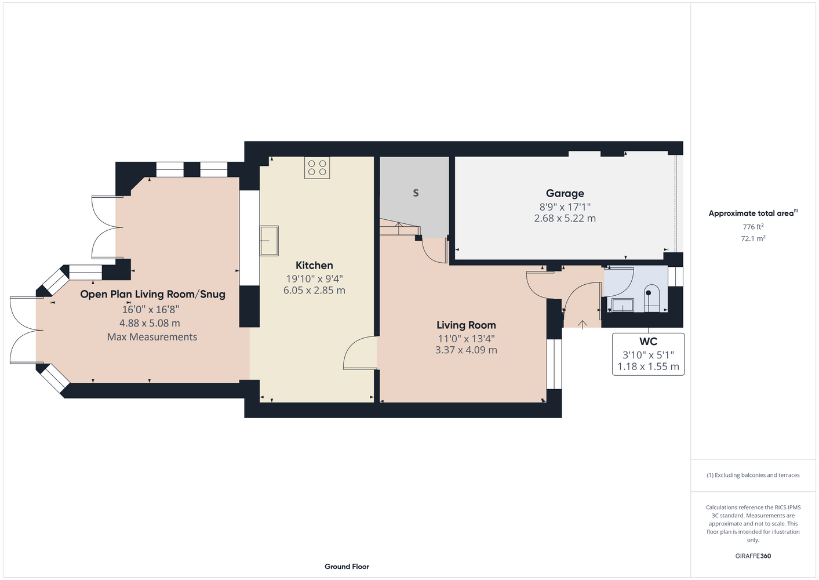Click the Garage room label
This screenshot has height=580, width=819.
coord(565,193)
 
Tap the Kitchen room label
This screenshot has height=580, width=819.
coord(314,265)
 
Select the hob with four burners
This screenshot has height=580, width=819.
coord(317,168)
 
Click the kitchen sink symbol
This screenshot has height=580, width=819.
coord(269,241)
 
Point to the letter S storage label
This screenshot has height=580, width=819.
coord(416,193)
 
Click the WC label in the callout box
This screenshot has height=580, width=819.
coord(648,342)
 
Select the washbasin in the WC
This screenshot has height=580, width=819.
coord(623,305)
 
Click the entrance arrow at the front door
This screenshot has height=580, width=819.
coord(583,324)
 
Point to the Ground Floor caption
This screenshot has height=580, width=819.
coord(347,567)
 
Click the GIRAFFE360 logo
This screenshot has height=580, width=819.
coord(753,556)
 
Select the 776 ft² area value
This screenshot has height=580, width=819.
coord(753,227)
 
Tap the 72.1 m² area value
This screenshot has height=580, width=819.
coord(753,238)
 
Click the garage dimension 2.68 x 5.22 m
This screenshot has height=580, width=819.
coord(565,219)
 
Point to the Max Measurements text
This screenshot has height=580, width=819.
coord(152,336)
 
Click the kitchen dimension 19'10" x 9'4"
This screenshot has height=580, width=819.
coord(314,279)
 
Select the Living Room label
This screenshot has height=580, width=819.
coord(466,325)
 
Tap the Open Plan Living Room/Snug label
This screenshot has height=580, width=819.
coord(153,294)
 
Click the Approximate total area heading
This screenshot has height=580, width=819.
coord(753,213)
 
